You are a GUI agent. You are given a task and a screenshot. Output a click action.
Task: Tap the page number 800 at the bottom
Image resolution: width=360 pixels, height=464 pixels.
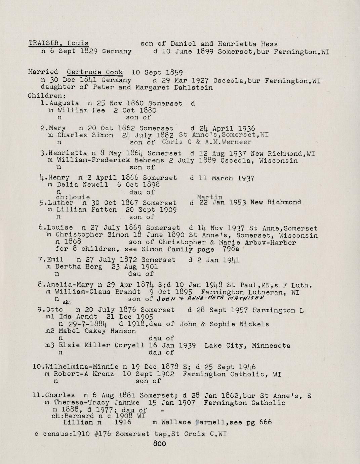(159, 443)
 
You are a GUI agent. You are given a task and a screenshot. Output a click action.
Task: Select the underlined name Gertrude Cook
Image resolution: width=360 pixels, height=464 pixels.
(95, 72)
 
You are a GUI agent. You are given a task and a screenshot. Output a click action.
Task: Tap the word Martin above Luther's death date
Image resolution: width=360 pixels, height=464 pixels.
(209, 197)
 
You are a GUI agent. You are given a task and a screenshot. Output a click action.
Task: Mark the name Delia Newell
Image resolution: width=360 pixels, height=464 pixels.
(83, 185)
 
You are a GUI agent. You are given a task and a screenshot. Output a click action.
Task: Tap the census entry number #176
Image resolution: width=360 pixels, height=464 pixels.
(104, 434)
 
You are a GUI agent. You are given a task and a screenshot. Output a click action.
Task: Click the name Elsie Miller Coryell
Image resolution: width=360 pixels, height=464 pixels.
(101, 345)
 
